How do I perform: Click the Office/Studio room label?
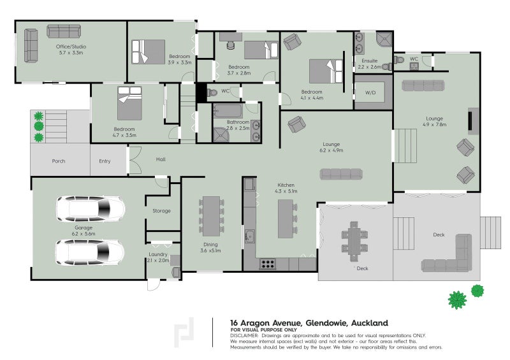(71, 47)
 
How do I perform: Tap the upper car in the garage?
(91, 208)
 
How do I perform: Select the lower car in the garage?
(90, 252)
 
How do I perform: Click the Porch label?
(59, 161)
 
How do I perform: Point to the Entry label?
(105, 161)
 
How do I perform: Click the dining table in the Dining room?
(212, 216)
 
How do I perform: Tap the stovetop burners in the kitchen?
(267, 264)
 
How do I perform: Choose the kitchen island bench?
(286, 219)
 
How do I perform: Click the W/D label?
(370, 92)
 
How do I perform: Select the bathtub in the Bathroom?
(228, 111)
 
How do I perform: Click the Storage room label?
(162, 211)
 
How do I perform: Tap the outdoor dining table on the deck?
(354, 241)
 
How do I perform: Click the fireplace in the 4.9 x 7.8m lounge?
(470, 121)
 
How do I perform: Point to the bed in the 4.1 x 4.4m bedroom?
(326, 71)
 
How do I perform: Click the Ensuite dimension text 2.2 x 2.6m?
(370, 67)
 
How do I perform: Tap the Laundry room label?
(158, 254)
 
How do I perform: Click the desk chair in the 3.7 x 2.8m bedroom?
(231, 45)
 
